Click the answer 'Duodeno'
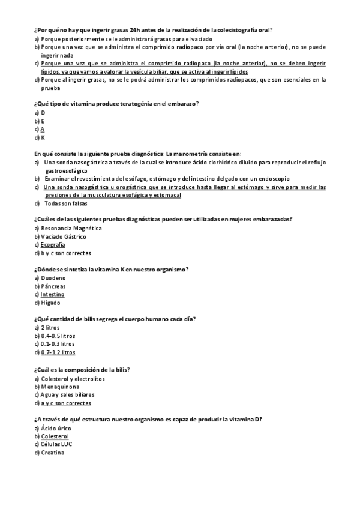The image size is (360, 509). click(x=53, y=278)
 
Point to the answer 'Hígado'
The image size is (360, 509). click(x=52, y=303)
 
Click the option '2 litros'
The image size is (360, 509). click(x=51, y=328)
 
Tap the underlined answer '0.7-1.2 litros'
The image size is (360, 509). click(x=58, y=352)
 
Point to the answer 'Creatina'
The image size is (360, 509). click(x=53, y=452)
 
